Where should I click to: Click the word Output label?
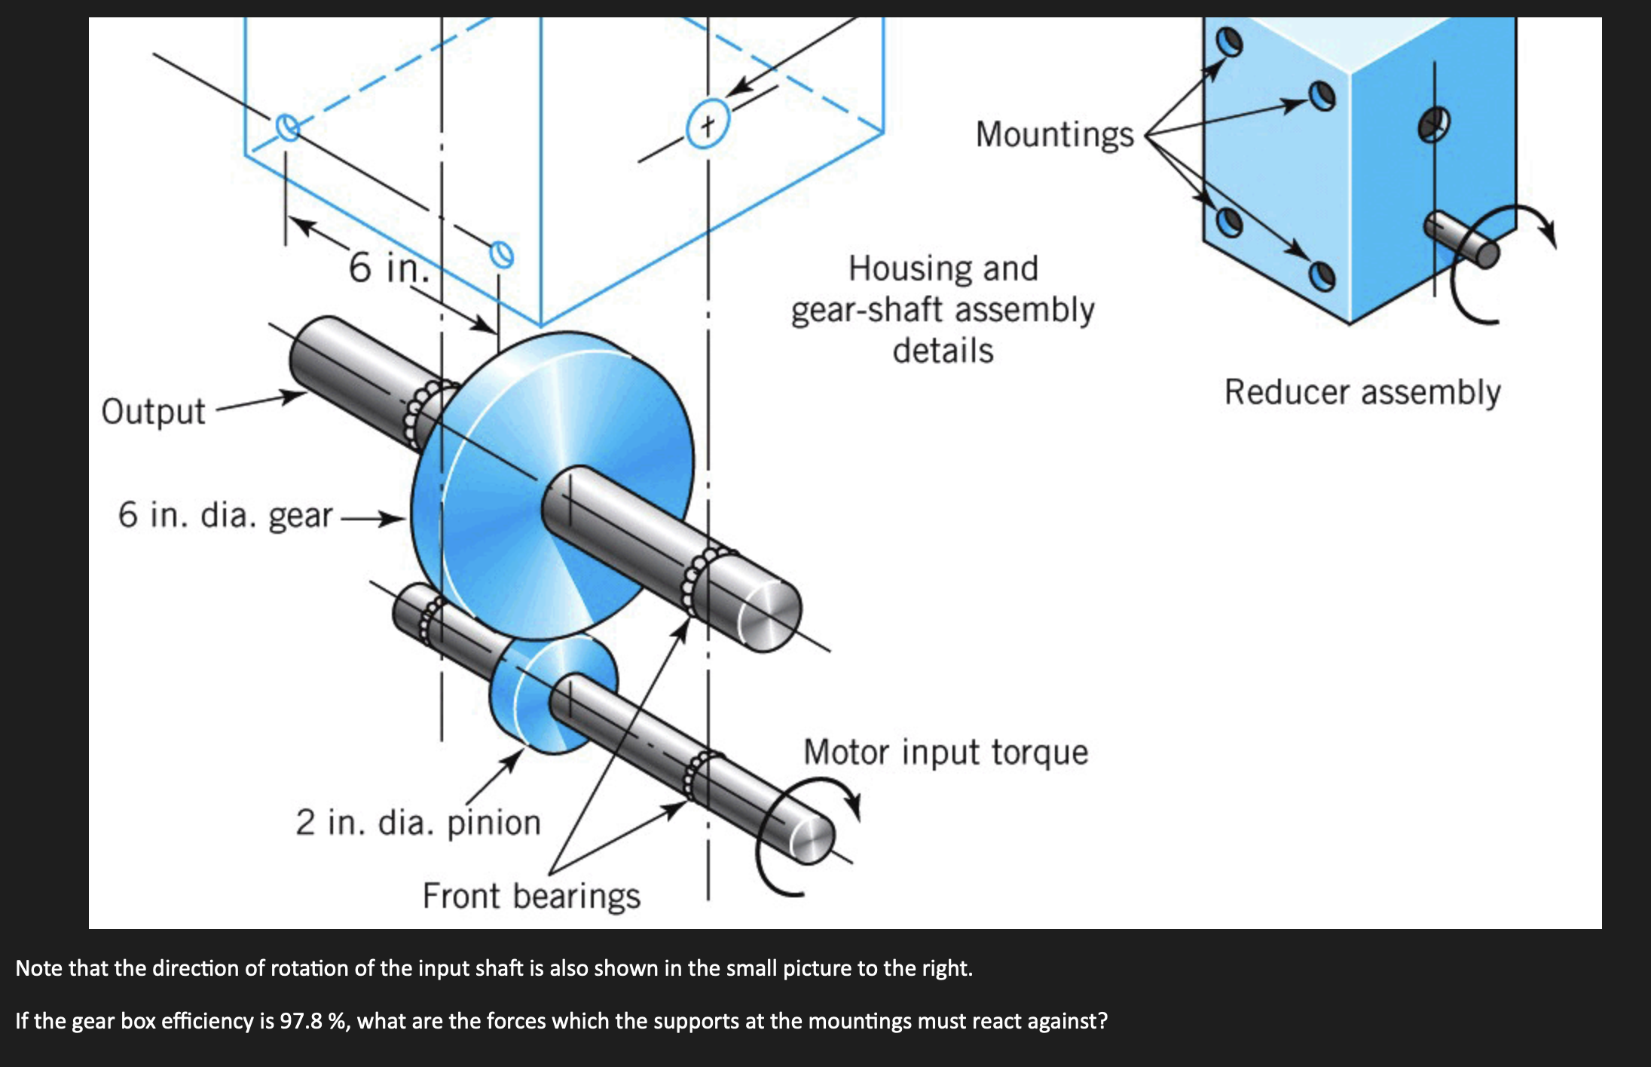coord(153,412)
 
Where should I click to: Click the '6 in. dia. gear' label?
coord(225,516)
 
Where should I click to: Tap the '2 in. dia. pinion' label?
coord(418,823)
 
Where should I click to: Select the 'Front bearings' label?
coord(531,897)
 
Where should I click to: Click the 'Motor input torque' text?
coord(946,753)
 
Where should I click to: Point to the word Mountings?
coord(1054,135)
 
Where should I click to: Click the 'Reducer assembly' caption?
coord(1362,393)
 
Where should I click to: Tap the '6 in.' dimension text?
coord(388,268)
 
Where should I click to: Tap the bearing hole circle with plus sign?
coord(707,124)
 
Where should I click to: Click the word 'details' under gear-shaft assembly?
coord(943,351)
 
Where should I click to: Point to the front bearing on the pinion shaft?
coord(697,777)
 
